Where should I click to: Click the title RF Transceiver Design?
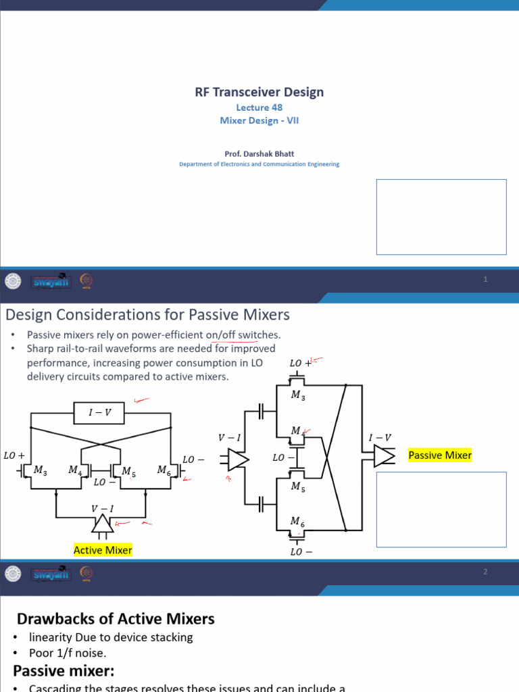[x=259, y=92]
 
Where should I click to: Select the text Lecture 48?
[x=259, y=107]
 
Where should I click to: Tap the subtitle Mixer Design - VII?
[x=259, y=121]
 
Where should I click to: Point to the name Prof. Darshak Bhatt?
[x=259, y=153]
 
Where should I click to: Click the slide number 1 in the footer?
[x=485, y=280]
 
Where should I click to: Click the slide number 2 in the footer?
[x=485, y=572]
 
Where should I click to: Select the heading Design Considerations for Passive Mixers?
[x=147, y=314]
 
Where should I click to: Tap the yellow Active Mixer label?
[x=103, y=550]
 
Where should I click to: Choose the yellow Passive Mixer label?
[x=440, y=455]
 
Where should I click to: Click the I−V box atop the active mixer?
[x=100, y=412]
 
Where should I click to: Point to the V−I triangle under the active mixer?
[x=102, y=523]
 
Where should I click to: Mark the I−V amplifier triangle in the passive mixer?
[x=384, y=457]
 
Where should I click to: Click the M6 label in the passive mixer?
[x=297, y=521]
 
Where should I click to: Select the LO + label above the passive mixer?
[x=299, y=364]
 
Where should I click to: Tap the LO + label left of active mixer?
[x=14, y=455]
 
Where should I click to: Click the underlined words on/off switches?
[x=243, y=335]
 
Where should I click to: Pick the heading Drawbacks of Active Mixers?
[x=116, y=618]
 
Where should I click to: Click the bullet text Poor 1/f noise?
[x=68, y=653]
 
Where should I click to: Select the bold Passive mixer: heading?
[x=64, y=670]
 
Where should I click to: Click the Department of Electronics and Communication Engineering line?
[x=259, y=164]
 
